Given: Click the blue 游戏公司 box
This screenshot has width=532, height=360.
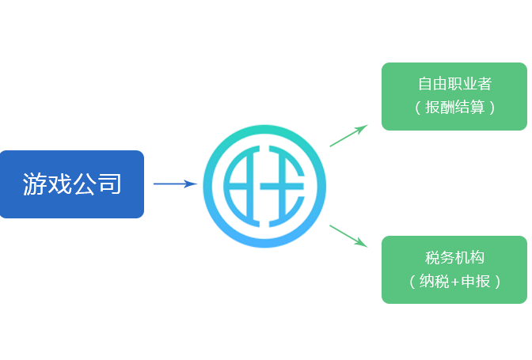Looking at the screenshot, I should tap(72, 184).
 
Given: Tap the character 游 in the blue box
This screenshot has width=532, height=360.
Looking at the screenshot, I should tap(35, 184).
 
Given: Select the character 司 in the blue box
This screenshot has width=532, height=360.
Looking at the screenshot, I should tap(109, 184).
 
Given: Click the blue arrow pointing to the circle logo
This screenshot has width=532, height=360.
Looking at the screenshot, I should tap(174, 184).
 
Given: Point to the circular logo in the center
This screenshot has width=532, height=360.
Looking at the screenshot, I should tap(265, 184).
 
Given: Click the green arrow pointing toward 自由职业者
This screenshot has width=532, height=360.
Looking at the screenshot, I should tap(348, 136).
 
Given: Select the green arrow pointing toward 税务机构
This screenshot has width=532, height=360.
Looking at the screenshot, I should tap(348, 235).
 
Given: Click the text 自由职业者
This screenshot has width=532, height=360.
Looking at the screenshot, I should tap(454, 84).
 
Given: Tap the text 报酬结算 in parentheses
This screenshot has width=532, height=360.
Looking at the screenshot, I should tap(454, 107).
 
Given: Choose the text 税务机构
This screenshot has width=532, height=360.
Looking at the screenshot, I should tap(454, 257).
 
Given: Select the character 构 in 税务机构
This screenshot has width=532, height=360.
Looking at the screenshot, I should tap(476, 257).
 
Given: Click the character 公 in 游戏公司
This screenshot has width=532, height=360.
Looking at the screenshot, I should tap(85, 184).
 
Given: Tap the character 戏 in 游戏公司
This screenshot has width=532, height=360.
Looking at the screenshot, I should tap(59, 184).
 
